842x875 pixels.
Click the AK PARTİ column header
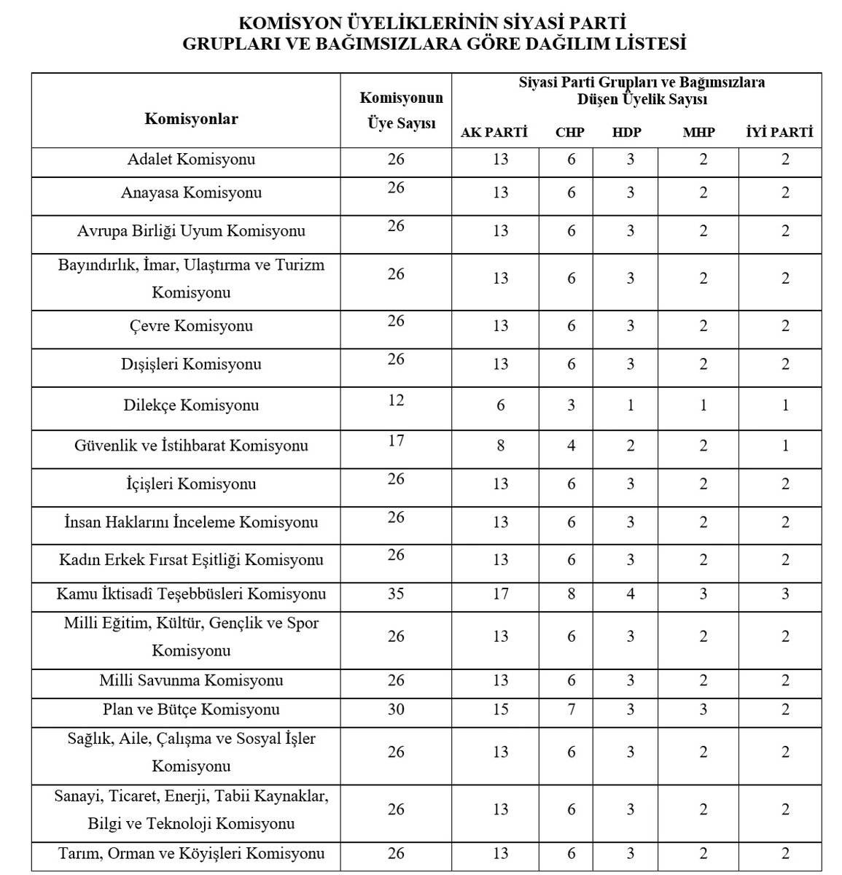(494, 133)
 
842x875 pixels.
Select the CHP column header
(569, 133)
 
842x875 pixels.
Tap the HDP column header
(628, 133)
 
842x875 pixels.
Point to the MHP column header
(698, 133)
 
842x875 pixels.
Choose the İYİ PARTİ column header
(779, 133)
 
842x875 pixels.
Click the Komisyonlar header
(191, 118)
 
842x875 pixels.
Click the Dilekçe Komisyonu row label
(191, 405)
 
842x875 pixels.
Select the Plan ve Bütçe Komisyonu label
(191, 709)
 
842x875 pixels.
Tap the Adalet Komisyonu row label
(191, 159)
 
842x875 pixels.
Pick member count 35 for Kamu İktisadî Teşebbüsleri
(396, 594)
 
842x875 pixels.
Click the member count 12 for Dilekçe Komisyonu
(396, 400)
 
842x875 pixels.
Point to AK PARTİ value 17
(500, 594)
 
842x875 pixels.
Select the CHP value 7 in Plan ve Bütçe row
(571, 709)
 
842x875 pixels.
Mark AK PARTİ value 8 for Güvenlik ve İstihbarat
(500, 445)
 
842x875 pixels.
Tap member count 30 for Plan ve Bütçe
(396, 709)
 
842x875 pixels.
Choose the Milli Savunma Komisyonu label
(191, 680)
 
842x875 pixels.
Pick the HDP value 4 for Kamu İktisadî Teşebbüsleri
(631, 594)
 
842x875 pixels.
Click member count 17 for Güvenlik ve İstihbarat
(396, 440)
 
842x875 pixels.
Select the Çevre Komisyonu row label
(191, 325)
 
